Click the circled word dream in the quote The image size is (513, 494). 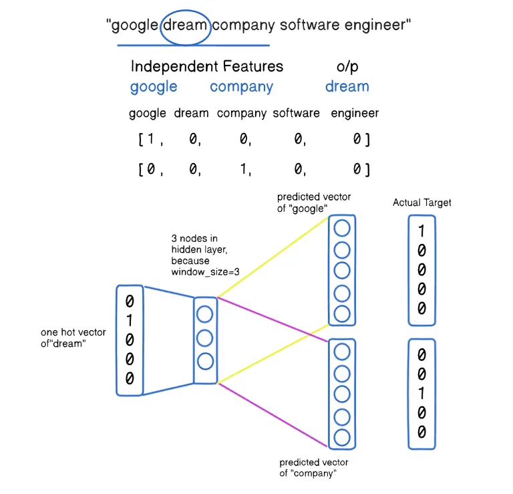[185, 25]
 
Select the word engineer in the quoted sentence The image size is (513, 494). [375, 25]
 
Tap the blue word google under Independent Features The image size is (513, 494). [154, 88]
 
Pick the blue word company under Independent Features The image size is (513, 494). [241, 88]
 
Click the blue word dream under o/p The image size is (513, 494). [347, 86]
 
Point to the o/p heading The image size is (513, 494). [347, 67]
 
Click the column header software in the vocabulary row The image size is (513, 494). [296, 113]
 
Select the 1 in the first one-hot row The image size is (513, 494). [150, 139]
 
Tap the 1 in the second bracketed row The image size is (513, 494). [243, 169]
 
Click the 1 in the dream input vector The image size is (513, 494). [130, 320]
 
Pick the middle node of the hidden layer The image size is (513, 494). [205, 338]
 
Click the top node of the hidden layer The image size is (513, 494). [205, 314]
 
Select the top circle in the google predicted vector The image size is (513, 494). [342, 228]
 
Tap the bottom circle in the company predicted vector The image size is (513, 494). [342, 438]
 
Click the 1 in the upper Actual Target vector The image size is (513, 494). [421, 231]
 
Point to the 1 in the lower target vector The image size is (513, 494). [421, 393]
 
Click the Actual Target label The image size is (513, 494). [422, 203]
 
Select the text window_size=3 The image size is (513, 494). [206, 272]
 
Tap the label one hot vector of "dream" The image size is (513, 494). [73, 338]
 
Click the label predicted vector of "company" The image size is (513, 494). [314, 468]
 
